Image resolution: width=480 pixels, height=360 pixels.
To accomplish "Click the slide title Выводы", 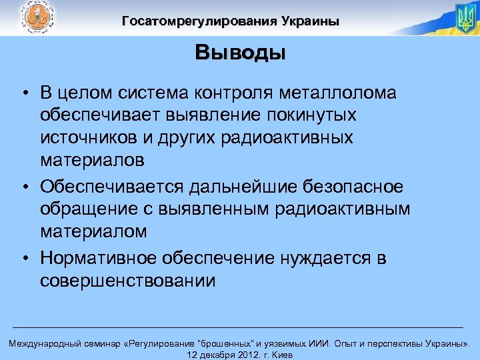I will (240, 53).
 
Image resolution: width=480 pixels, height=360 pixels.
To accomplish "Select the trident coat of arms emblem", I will (464, 18).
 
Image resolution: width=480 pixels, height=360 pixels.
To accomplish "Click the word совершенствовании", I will (127, 281).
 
